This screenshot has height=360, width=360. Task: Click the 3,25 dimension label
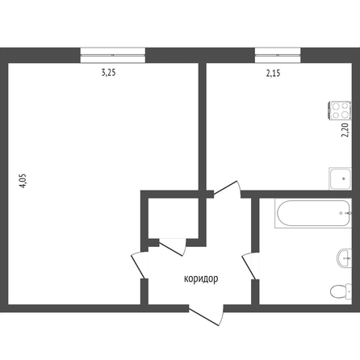108,73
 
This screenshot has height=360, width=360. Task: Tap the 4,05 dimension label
23,181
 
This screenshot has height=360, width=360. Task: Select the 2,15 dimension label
273,73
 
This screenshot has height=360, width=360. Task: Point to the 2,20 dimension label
345,130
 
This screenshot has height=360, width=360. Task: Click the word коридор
201,279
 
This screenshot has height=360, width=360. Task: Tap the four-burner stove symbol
340,110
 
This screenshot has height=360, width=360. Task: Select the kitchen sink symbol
340,178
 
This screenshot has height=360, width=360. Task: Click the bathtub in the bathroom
313,213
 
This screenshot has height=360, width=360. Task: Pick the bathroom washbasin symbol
344,258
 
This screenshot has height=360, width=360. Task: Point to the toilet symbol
341,291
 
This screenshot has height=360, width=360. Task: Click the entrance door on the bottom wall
207,315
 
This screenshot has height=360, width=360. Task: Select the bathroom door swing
250,266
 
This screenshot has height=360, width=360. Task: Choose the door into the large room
140,265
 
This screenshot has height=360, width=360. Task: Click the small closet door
173,247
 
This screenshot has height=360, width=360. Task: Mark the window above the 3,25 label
113,55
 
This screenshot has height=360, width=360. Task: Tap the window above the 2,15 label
278,55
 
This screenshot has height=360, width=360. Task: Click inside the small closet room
174,218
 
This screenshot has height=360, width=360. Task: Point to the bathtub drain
341,213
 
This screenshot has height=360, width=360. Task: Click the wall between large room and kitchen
203,127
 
